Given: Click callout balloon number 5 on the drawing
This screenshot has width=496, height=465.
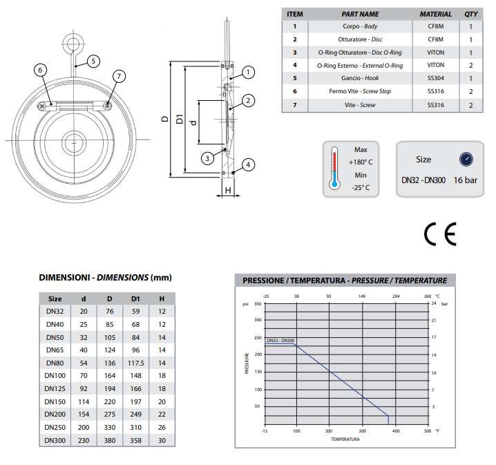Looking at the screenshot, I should click(93, 61).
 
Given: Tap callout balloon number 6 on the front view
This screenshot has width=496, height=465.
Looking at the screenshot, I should click(40, 70).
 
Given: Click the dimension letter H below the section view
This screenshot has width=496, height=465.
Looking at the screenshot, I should click(226, 189).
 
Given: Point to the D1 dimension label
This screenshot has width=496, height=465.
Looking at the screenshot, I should click(179, 119).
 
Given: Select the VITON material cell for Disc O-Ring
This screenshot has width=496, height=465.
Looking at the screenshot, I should click(435, 53).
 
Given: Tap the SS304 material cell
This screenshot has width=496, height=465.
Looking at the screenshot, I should click(435, 78).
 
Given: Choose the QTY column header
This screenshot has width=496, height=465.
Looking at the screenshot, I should click(470, 14).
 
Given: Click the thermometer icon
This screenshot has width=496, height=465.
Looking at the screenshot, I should click(334, 167).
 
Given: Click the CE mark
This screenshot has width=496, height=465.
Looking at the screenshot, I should click(440, 236).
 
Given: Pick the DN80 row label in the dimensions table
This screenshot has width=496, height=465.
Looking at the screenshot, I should click(55, 363).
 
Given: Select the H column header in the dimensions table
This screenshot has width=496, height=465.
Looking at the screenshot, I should click(162, 298).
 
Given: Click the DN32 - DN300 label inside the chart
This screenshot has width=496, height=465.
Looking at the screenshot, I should click(280, 340).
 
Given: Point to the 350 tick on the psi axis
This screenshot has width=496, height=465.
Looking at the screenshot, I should click(258, 304).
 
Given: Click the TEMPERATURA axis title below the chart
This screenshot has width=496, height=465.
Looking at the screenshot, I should click(345, 439).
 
